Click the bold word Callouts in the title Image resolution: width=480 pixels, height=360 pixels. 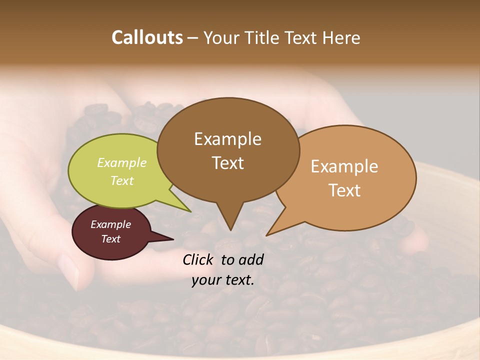[x=147, y=37]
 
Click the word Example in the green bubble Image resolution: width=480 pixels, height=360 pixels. [x=121, y=162]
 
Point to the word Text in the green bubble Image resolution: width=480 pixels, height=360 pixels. [x=121, y=180]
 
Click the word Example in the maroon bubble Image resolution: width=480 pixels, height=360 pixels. [x=110, y=224]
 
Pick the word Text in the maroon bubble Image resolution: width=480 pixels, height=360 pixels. [x=110, y=239]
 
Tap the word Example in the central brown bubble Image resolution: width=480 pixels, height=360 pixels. [x=227, y=139]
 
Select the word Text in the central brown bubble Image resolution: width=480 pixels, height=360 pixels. [x=227, y=163]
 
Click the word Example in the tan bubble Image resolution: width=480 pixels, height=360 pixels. [x=344, y=166]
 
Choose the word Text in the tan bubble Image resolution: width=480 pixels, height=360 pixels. [x=344, y=190]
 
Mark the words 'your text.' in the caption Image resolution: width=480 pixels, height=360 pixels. [x=222, y=280]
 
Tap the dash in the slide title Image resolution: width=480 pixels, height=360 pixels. [x=193, y=38]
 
